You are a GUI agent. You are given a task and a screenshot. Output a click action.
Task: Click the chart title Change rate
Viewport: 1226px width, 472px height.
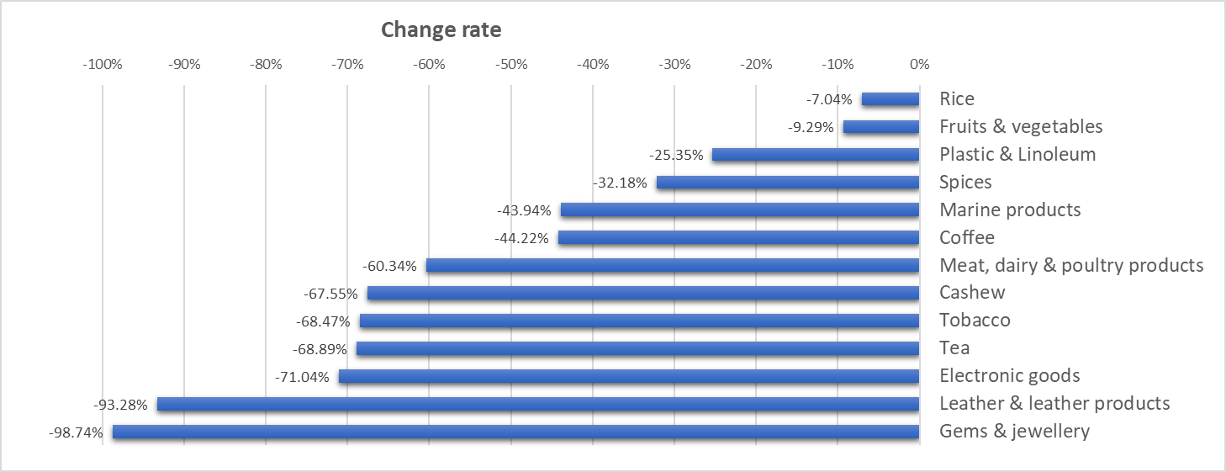pyautogui.click(x=441, y=29)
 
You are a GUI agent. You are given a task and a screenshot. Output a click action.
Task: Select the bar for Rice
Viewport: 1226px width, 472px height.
pyautogui.click(x=890, y=99)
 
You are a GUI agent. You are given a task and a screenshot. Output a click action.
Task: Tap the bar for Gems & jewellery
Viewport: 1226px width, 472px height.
pyautogui.click(x=515, y=432)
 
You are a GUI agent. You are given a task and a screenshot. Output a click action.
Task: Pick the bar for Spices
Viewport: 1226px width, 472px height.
pyautogui.click(x=788, y=183)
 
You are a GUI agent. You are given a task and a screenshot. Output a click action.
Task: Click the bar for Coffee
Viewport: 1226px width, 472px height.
pyautogui.click(x=739, y=237)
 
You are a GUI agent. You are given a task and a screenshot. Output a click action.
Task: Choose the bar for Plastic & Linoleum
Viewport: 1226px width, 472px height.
pyautogui.click(x=816, y=155)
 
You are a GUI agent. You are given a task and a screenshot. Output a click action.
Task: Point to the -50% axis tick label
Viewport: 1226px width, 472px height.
pyautogui.click(x=511, y=65)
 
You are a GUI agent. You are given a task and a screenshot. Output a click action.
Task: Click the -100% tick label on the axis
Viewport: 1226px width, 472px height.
pyautogui.click(x=103, y=65)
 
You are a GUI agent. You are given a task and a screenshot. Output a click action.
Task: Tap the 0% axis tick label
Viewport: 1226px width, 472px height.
pyautogui.click(x=920, y=65)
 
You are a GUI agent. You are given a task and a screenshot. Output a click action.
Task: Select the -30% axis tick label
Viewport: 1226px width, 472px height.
pyautogui.click(x=674, y=65)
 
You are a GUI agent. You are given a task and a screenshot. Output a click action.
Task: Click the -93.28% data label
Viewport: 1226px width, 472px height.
pyautogui.click(x=120, y=406)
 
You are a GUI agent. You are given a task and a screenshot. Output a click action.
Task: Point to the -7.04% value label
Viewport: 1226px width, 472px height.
pyautogui.click(x=829, y=99)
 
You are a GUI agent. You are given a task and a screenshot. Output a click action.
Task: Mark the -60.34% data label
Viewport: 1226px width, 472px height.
pyautogui.click(x=389, y=266)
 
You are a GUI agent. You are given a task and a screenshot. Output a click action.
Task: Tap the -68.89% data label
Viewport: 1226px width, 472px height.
pyautogui.click(x=320, y=349)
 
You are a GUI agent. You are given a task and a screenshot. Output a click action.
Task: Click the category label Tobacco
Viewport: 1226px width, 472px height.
pyautogui.click(x=975, y=321)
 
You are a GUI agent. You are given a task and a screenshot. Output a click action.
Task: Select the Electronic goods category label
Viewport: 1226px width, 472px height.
pyautogui.click(x=1010, y=375)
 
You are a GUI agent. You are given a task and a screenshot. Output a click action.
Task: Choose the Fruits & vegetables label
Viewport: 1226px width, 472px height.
pyautogui.click(x=1021, y=126)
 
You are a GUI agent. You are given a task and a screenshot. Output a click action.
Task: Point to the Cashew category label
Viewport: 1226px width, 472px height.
pyautogui.click(x=972, y=293)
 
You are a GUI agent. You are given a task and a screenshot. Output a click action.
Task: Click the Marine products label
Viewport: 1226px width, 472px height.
pyautogui.click(x=1010, y=209)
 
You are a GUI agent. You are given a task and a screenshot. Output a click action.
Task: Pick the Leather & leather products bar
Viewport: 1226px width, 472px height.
pyautogui.click(x=538, y=405)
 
